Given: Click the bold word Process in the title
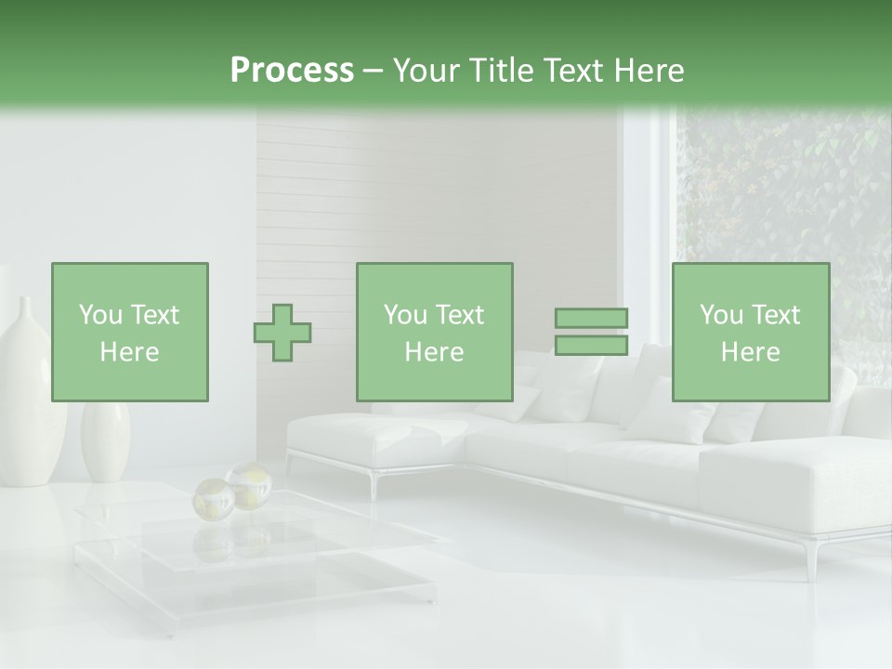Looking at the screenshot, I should pos(292,71).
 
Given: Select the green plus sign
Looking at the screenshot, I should pos(282,333).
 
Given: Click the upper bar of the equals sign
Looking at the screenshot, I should pos(591,318).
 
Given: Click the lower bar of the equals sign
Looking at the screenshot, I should pos(591,346).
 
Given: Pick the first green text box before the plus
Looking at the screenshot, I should pos(130,332).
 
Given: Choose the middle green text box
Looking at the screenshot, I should pos(434,332).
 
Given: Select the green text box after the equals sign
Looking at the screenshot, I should pos(750,332).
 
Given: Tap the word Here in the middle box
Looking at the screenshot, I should pos(434,352).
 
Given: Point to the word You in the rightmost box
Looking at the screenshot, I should pos(721,315).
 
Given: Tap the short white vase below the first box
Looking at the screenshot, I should pos(104,441).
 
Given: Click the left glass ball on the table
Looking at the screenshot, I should pos(212,500).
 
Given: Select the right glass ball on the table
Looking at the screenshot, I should pos(247,484).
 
